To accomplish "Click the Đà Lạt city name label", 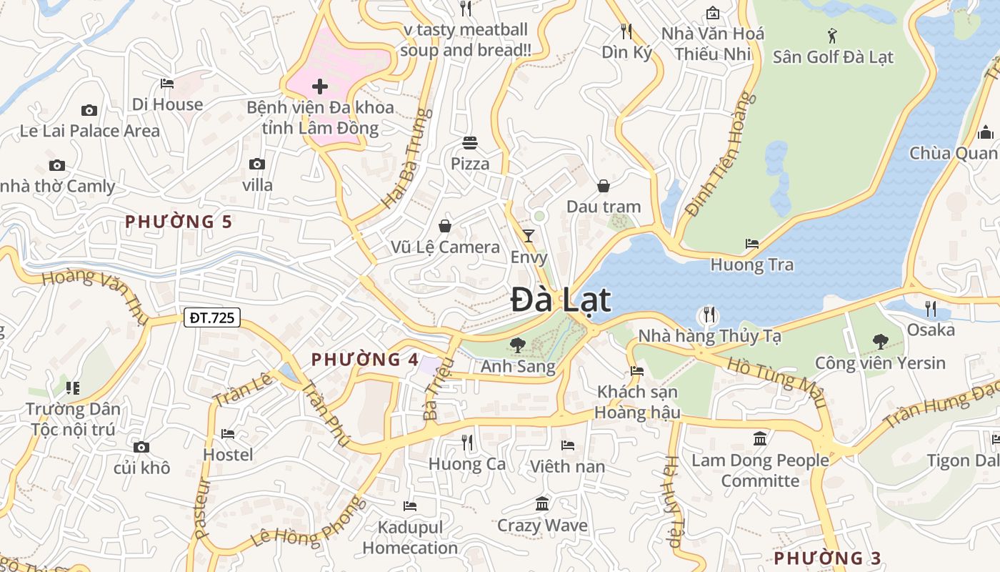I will tap(561, 300).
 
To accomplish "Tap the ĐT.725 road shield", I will tap(212, 317).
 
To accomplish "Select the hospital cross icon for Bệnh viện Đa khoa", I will tap(320, 87).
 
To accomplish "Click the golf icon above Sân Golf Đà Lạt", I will tap(832, 35).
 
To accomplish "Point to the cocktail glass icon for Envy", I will tap(529, 235).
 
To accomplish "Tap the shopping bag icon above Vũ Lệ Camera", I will tap(445, 226).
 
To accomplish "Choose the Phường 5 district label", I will tap(179, 222).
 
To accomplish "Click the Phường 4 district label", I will tap(364, 360).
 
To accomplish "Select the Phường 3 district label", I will tap(828, 558).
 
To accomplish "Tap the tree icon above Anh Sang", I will tap(518, 345).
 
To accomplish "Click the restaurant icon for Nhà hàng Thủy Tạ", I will tap(709, 314).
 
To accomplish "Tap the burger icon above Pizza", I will tap(470, 142).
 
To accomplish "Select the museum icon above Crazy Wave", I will tap(542, 504).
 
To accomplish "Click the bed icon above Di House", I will tap(167, 84).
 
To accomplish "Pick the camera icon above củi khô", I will tap(141, 447).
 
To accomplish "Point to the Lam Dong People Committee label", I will tap(760, 470).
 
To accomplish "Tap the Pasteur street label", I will tap(203, 508).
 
